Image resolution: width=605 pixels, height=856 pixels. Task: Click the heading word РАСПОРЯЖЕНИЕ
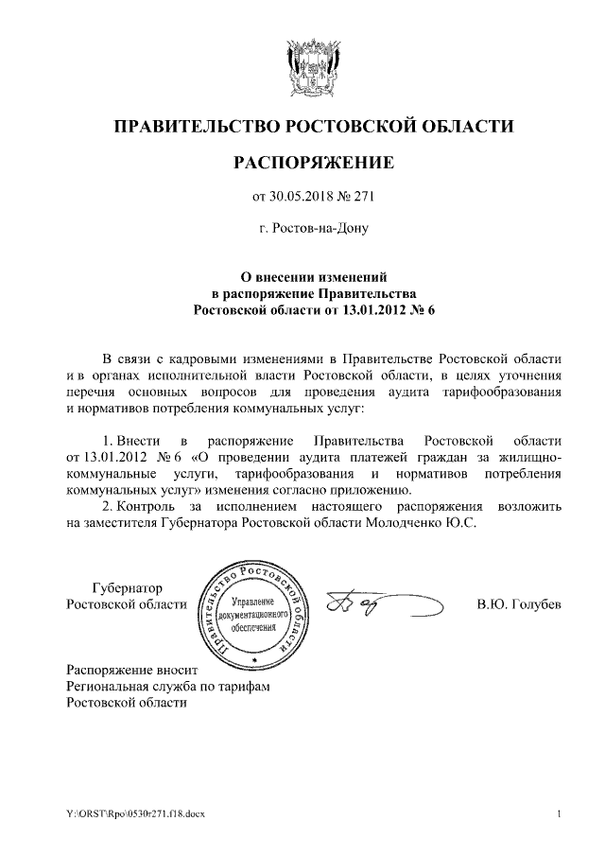313,163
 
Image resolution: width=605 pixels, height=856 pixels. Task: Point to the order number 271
366,197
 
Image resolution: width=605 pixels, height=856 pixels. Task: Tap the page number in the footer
560,814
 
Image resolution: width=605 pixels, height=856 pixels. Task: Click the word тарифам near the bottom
240,685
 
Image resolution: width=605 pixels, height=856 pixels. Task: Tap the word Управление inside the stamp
252,603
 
